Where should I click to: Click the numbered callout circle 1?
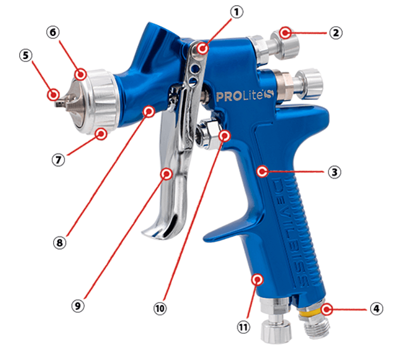237,12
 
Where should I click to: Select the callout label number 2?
336,33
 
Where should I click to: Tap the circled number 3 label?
334,172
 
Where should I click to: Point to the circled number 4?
376,308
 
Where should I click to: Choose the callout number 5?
26,55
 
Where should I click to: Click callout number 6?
53,32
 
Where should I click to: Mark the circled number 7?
58,160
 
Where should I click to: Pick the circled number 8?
60,243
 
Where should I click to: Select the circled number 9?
78,306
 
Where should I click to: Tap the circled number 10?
160,308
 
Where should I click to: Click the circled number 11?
243,327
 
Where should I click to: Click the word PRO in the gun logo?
228,97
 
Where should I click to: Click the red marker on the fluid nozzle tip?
54,95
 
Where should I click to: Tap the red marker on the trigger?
166,174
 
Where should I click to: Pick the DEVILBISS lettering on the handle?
291,232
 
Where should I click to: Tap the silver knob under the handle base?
276,332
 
